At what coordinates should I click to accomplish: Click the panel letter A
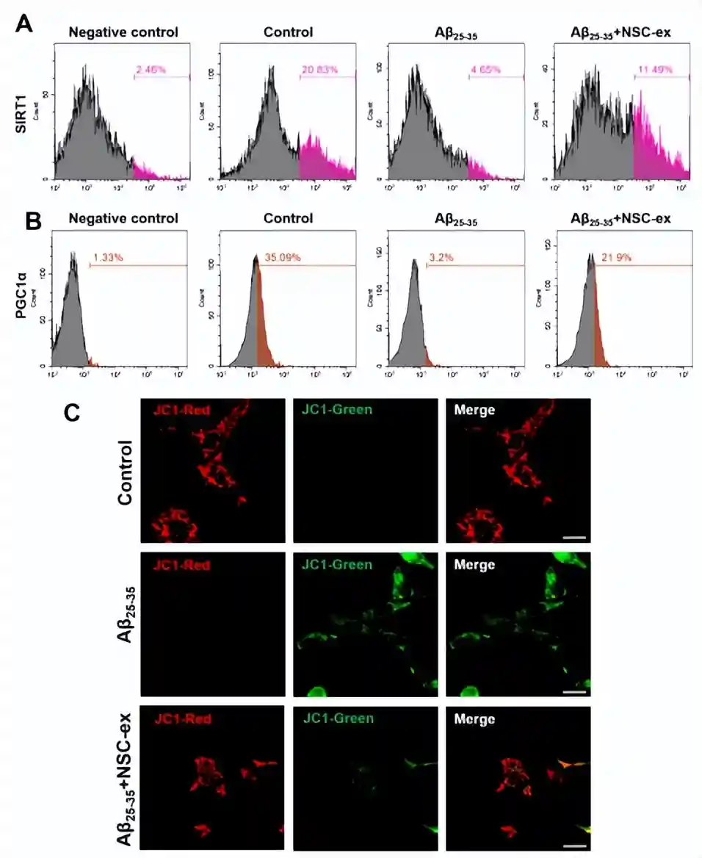[x=24, y=24]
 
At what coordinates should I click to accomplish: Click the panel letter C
[x=72, y=413]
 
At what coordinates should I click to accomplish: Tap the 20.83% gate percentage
[x=319, y=70]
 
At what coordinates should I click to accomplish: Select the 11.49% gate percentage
[x=654, y=70]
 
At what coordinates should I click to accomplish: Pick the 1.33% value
[x=109, y=258]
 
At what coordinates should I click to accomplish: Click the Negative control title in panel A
[x=123, y=32]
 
